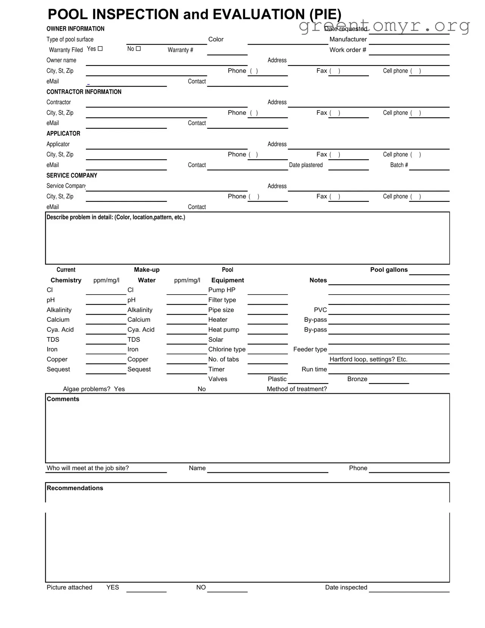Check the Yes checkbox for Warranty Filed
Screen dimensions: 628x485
click(x=100, y=48)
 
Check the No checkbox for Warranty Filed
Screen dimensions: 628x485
click(x=138, y=48)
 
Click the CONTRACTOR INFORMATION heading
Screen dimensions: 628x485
click(x=84, y=92)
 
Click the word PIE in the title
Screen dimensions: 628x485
click(x=325, y=14)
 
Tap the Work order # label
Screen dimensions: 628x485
click(x=348, y=50)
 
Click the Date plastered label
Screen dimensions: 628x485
click(x=306, y=165)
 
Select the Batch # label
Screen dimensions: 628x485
click(x=399, y=165)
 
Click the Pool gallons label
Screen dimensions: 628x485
click(x=389, y=270)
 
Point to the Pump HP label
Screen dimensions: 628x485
click(x=222, y=290)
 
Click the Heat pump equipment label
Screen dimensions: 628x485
click(x=224, y=330)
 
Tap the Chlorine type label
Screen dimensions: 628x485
click(x=227, y=349)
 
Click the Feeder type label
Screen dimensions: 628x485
click(x=310, y=349)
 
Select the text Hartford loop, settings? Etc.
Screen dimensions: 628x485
click(x=368, y=359)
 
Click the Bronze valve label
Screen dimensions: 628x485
click(x=357, y=379)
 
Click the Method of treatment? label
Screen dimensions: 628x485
click(x=297, y=389)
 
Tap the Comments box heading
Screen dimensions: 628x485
click(x=63, y=399)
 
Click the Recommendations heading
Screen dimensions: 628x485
click(x=75, y=488)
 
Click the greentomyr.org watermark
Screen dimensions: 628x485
click(x=384, y=25)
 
